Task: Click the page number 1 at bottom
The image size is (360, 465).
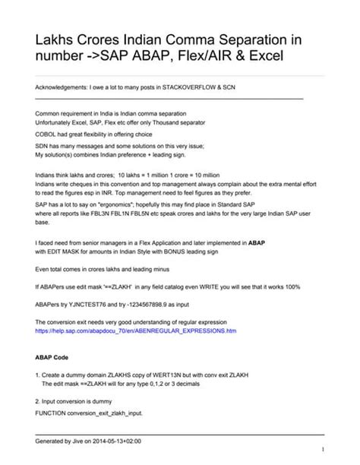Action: pyautogui.click(x=323, y=448)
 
